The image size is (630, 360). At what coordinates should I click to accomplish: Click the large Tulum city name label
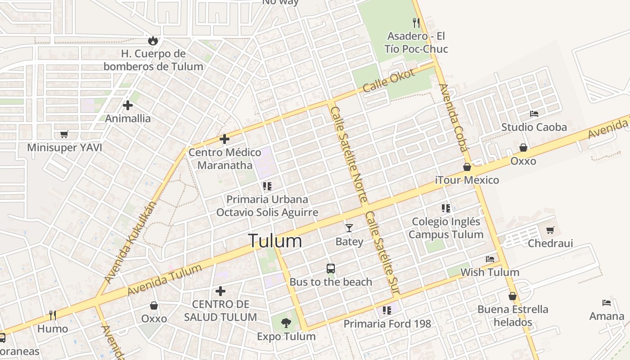click(x=275, y=241)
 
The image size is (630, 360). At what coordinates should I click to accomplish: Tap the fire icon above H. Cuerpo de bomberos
click(x=153, y=40)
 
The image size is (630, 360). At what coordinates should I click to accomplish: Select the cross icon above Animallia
click(x=128, y=105)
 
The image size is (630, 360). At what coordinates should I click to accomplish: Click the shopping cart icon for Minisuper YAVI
click(x=64, y=134)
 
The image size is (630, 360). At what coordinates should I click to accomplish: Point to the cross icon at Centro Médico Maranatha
click(x=225, y=139)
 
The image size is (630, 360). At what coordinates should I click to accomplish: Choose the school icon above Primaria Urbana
click(x=267, y=186)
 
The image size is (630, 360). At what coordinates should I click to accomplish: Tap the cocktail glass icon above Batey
click(x=349, y=228)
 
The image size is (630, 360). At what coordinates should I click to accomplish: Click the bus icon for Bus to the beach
click(x=331, y=269)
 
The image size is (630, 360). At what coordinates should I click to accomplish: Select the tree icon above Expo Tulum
click(x=286, y=323)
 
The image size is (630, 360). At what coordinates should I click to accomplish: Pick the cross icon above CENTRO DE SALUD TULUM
click(x=220, y=291)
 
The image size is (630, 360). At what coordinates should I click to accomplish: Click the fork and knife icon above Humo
click(x=53, y=315)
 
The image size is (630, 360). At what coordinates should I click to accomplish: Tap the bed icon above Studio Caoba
click(x=534, y=114)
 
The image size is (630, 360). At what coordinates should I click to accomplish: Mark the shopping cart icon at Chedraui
click(x=550, y=230)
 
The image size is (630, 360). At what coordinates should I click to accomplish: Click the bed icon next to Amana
click(x=607, y=303)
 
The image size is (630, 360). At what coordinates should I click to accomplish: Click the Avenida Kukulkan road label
click(x=131, y=243)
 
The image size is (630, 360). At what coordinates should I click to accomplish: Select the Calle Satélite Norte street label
click(x=349, y=154)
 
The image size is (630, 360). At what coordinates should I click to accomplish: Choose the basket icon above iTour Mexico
click(x=467, y=167)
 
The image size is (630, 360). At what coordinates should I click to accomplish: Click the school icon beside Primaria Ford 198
click(x=387, y=310)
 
